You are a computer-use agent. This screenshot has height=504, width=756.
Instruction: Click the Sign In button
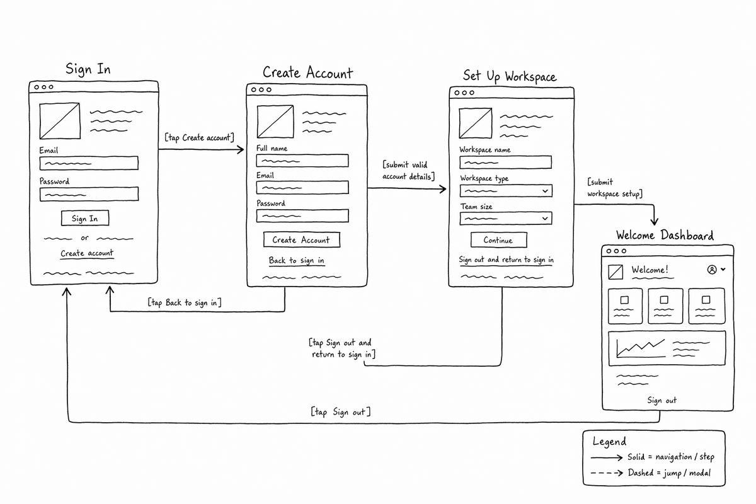click(85, 218)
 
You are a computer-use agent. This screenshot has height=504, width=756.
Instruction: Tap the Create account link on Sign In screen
click(87, 253)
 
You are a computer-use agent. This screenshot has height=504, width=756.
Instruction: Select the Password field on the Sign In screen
click(89, 194)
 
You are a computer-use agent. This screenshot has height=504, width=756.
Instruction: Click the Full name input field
click(302, 161)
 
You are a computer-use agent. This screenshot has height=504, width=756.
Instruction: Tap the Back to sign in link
click(297, 261)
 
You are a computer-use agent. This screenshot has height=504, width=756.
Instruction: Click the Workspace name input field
click(505, 163)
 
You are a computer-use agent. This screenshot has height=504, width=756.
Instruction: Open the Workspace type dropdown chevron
click(545, 191)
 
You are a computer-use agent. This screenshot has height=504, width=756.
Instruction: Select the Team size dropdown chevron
click(545, 219)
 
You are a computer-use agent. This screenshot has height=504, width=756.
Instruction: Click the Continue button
click(499, 240)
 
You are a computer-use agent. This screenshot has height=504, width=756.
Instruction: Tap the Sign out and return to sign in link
click(506, 260)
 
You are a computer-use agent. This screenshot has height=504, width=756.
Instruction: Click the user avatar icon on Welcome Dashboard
click(712, 270)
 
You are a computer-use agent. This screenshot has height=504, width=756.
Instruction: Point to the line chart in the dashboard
click(641, 348)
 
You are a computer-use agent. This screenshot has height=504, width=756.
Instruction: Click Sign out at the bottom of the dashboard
click(662, 400)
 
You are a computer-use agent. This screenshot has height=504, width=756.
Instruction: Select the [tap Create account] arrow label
click(199, 137)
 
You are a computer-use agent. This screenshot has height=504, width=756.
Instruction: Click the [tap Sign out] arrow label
click(341, 412)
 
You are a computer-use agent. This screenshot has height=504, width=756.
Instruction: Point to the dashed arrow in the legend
click(607, 473)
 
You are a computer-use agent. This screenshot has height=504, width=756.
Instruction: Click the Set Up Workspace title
click(510, 77)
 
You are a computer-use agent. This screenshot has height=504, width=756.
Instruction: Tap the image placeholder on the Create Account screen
click(275, 122)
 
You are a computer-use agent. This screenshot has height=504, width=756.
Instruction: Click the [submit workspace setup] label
click(615, 188)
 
